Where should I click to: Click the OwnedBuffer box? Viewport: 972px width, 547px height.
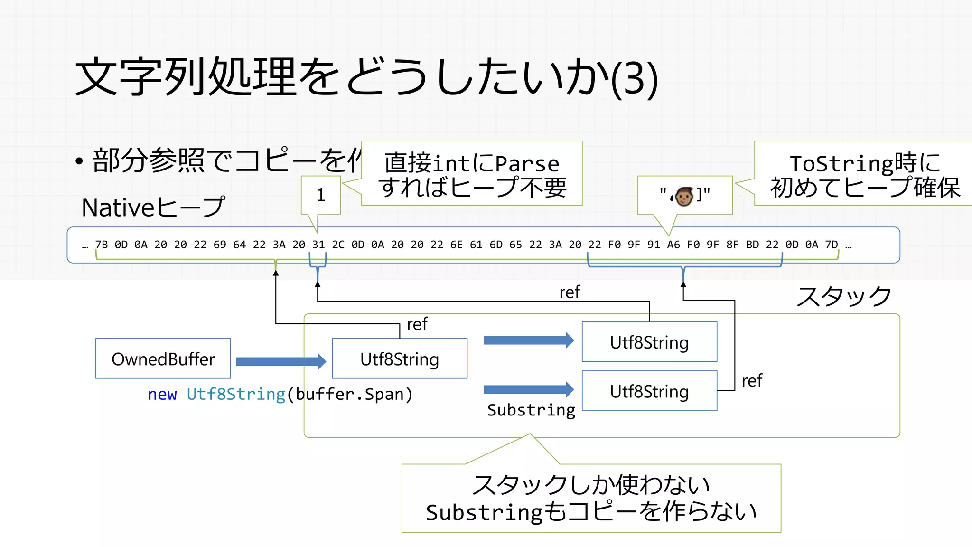(x=163, y=358)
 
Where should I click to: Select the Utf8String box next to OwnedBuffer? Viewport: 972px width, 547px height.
(x=400, y=358)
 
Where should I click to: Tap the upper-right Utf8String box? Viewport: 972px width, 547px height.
(x=649, y=342)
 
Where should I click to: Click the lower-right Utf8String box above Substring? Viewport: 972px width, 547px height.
(x=649, y=391)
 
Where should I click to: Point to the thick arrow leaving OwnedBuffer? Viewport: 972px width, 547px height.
(x=280, y=361)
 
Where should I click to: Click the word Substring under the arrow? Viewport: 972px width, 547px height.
(x=531, y=410)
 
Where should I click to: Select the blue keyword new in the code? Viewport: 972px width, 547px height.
(x=162, y=394)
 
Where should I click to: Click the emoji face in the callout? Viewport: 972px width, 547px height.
(x=684, y=196)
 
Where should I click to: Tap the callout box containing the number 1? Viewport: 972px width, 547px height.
(x=321, y=195)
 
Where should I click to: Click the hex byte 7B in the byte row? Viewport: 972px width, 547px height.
(x=101, y=245)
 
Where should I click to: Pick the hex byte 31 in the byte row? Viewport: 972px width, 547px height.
(x=318, y=245)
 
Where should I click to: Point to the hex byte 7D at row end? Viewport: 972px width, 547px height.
(x=832, y=245)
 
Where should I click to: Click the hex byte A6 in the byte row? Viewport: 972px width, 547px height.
(x=673, y=245)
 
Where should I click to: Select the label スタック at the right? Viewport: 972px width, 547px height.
(x=844, y=296)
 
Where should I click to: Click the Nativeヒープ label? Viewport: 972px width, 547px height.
(x=153, y=207)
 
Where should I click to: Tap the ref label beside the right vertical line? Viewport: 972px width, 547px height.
(x=752, y=381)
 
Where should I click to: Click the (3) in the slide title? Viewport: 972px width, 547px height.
(x=634, y=78)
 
